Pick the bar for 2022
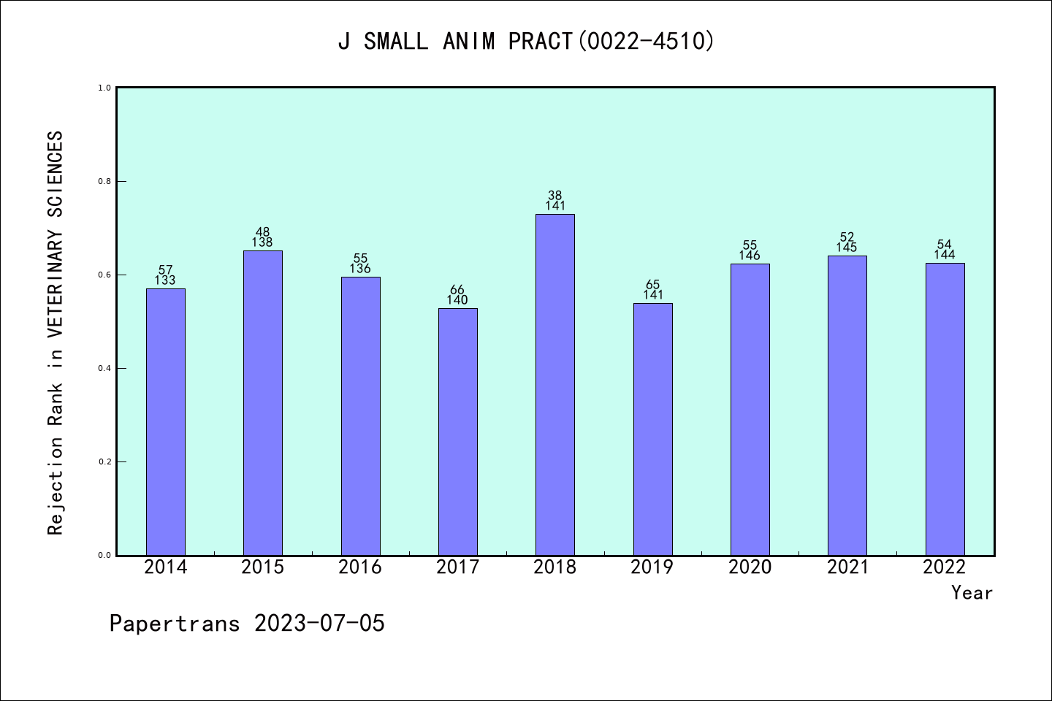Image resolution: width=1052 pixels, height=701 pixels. (x=945, y=409)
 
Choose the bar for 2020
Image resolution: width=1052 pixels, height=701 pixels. (x=750, y=410)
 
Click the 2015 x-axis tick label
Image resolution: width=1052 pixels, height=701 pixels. (x=263, y=567)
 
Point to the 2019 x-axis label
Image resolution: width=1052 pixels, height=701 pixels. (x=652, y=567)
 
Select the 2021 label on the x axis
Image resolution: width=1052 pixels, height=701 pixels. (x=847, y=567)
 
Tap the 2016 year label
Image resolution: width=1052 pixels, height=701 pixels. (x=360, y=567)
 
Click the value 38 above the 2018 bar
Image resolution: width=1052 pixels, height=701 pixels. (x=555, y=196)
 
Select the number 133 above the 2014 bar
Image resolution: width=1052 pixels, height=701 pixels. (x=165, y=280)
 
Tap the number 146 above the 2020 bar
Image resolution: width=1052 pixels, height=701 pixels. (x=750, y=256)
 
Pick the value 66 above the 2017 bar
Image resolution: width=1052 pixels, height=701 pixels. (x=457, y=290)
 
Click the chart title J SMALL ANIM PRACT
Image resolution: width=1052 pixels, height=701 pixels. (x=526, y=42)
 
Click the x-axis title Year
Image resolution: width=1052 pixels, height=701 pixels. (x=972, y=593)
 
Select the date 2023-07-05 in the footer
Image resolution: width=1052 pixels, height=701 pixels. (x=319, y=624)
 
